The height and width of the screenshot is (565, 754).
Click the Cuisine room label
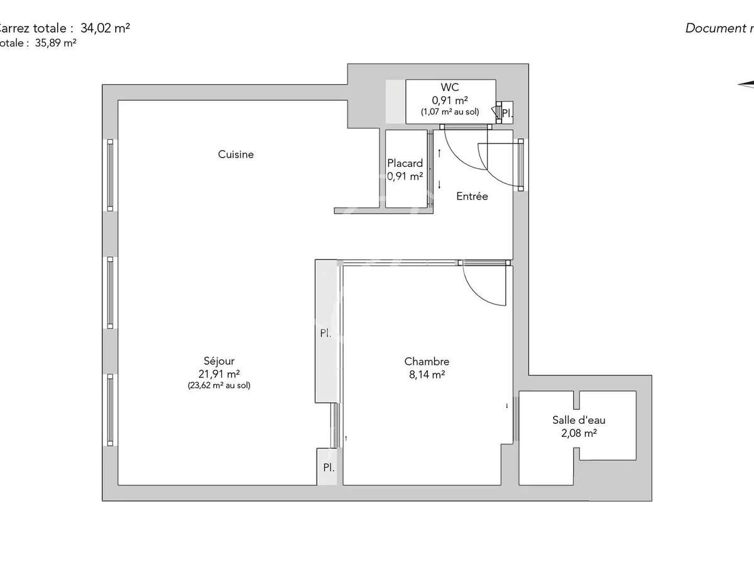(236, 154)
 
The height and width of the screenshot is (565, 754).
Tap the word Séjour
(219, 361)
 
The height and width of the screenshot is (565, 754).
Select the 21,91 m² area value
(219, 374)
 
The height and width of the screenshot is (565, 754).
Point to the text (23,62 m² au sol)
(219, 386)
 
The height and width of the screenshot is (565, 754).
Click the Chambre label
(427, 362)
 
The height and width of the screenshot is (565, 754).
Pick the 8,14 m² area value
(427, 374)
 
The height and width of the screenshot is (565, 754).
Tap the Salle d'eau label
(579, 421)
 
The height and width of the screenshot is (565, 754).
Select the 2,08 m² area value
(579, 433)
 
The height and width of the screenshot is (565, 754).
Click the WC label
(450, 87)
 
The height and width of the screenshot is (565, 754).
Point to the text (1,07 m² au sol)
(450, 112)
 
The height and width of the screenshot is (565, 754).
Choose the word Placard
(405, 164)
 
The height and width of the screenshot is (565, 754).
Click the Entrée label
(472, 196)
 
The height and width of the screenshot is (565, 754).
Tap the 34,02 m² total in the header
(105, 28)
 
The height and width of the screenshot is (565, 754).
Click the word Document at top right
(713, 28)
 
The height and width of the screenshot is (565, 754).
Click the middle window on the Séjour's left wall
(110, 293)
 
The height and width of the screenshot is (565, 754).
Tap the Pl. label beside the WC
(507, 114)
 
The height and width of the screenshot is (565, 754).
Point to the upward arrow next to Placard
(439, 153)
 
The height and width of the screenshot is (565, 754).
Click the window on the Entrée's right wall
(521, 164)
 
